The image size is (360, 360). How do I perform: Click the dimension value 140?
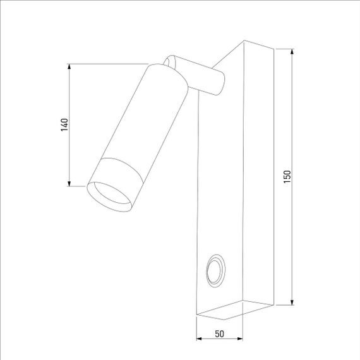[x=64, y=124]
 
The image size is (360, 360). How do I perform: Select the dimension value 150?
[x=287, y=177]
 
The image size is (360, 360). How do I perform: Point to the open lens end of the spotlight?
[x=109, y=196]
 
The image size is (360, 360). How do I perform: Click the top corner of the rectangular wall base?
[x=244, y=42]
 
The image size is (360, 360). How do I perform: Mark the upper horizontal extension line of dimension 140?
[x=107, y=64]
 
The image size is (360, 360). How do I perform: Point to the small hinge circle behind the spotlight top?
[x=169, y=61]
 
